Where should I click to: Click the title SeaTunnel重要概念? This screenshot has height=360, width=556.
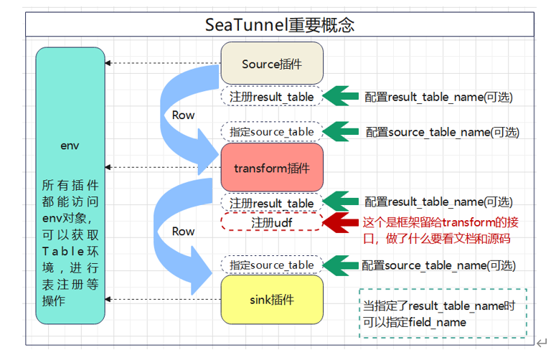(x=280, y=26)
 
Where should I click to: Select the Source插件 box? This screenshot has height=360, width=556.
(x=272, y=64)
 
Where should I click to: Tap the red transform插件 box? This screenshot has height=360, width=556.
(x=272, y=168)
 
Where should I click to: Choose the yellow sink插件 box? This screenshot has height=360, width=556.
(x=272, y=298)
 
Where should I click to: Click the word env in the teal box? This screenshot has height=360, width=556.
(x=70, y=146)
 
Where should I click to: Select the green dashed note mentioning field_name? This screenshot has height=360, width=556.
(x=443, y=313)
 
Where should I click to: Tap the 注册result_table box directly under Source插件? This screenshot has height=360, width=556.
(x=272, y=95)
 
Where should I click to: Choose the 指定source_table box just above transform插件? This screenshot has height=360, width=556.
(x=272, y=131)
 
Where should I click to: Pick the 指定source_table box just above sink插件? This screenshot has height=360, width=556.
(x=272, y=265)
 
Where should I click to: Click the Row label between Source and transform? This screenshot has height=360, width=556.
(x=184, y=115)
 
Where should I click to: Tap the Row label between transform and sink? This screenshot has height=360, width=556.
(x=184, y=231)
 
